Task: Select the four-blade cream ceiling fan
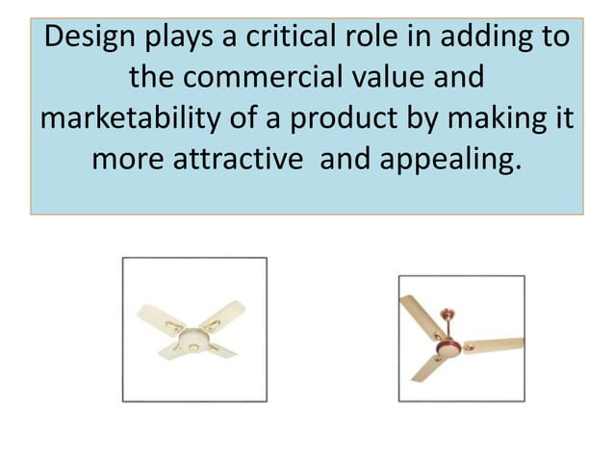tap(194, 332)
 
